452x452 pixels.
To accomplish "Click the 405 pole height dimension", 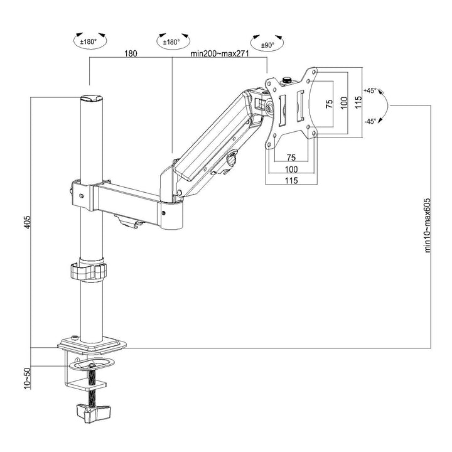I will tap(26, 222).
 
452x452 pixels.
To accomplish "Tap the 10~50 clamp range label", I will tap(26, 378).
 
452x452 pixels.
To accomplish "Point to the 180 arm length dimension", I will tap(131, 54).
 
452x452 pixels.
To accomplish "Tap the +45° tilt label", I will tap(370, 91).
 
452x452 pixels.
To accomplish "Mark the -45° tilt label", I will tap(370, 122).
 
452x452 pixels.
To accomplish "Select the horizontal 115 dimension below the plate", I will tap(291, 180).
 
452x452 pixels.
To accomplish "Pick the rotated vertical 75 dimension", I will tap(329, 104).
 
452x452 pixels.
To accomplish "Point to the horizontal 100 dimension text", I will tap(291, 169).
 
